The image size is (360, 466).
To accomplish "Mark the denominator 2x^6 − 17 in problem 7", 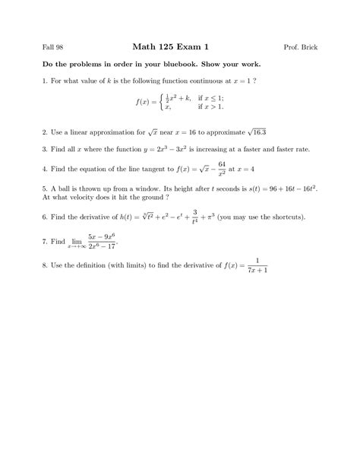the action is tap(103, 246).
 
